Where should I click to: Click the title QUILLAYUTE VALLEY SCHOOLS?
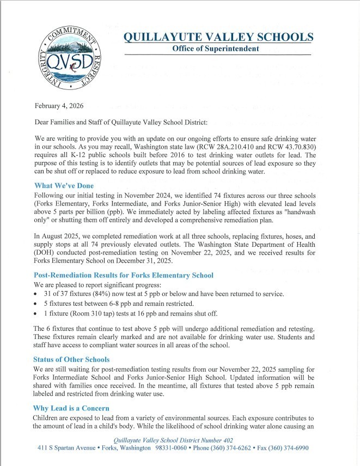[x=218, y=37]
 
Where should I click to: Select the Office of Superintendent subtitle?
[x=215, y=49]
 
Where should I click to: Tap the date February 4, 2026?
[x=59, y=105]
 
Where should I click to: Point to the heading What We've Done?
[x=64, y=186]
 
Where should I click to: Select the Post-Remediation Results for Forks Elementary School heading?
[x=124, y=275]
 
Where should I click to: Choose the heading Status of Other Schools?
[x=72, y=359]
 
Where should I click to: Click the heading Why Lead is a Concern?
[x=71, y=408]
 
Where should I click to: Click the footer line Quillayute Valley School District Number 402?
[x=173, y=439]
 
